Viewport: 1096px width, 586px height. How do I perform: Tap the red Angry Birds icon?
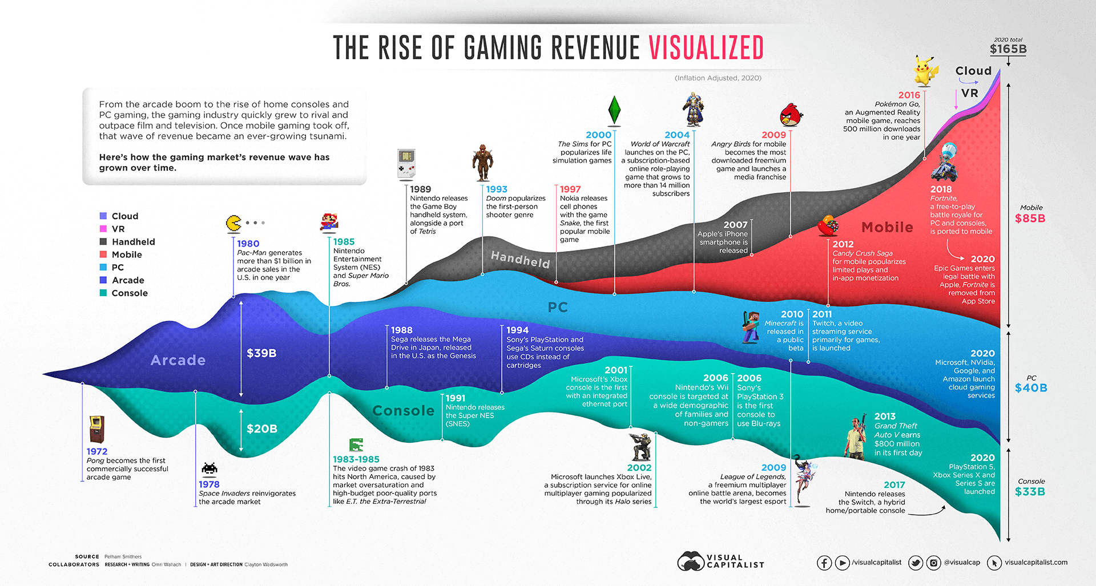[x=791, y=115]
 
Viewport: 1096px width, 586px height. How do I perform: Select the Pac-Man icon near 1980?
[x=233, y=223]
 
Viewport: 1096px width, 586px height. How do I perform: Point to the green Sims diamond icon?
[x=614, y=110]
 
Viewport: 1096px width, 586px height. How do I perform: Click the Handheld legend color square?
[x=103, y=241]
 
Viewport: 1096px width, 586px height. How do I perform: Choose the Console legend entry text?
[x=130, y=293]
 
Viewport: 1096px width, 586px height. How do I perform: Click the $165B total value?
[x=1008, y=49]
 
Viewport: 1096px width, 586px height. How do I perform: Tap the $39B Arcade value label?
[x=261, y=353]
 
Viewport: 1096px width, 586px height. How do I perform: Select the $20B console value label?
[x=262, y=429]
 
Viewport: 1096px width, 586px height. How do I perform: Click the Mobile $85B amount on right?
[x=1030, y=218]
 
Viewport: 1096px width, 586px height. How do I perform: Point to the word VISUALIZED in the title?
[x=706, y=48]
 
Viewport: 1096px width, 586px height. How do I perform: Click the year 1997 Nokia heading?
[x=570, y=189]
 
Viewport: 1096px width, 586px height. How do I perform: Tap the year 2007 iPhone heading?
[x=735, y=225]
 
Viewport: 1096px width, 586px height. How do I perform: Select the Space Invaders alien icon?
[x=209, y=468]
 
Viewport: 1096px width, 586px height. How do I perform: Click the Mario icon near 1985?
[x=329, y=222]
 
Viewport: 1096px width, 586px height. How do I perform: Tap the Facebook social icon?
[x=824, y=563]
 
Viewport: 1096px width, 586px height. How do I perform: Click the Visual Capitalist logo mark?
[x=691, y=561]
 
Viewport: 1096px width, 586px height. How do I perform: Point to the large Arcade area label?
[x=178, y=360]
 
